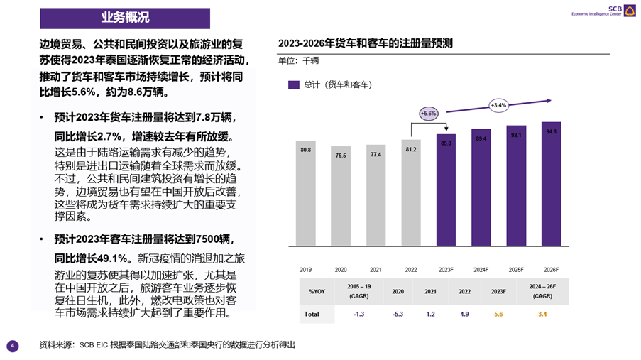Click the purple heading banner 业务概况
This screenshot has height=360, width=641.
(125, 18)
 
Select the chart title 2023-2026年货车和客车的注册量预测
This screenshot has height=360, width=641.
(365, 43)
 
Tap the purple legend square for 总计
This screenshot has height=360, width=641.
(293, 84)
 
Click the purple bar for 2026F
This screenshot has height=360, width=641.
(552, 184)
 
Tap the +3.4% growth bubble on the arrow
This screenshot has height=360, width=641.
(498, 105)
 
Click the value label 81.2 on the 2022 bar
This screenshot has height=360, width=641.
(411, 150)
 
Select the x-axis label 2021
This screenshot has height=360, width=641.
(376, 270)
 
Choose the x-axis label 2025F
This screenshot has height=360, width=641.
(516, 270)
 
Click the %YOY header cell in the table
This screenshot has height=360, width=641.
(317, 291)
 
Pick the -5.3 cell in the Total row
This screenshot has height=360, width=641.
(398, 313)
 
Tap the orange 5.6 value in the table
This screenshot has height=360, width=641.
(498, 313)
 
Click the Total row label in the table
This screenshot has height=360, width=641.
(312, 313)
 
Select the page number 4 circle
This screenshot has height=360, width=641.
(12, 346)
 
